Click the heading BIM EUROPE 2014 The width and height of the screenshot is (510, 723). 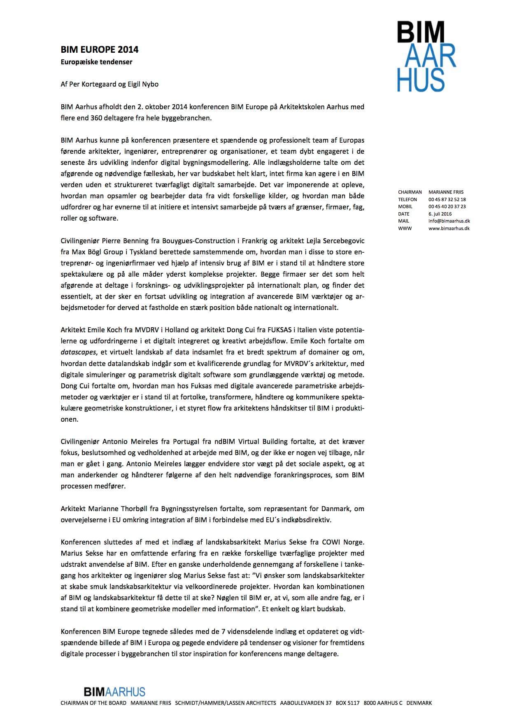[x=99, y=50]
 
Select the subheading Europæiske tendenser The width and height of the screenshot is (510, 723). [x=96, y=62]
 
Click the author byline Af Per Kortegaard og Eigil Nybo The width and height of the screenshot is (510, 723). [x=109, y=84]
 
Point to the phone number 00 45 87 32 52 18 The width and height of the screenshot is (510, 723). [x=447, y=200]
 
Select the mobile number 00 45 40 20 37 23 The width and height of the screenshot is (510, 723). [x=447, y=207]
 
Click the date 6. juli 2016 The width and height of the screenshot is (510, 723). [x=440, y=214]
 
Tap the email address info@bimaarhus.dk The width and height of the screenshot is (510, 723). [x=449, y=221]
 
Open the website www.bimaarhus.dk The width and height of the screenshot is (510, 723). [x=449, y=228]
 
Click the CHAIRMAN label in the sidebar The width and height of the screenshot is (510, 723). [x=410, y=192]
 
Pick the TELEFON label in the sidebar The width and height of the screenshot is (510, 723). [x=408, y=200]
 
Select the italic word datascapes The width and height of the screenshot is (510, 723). [x=78, y=352]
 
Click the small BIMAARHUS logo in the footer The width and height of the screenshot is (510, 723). [x=114, y=691]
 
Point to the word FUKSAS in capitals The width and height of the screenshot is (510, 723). [x=268, y=330]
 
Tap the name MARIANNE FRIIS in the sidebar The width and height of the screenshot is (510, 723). [x=446, y=192]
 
